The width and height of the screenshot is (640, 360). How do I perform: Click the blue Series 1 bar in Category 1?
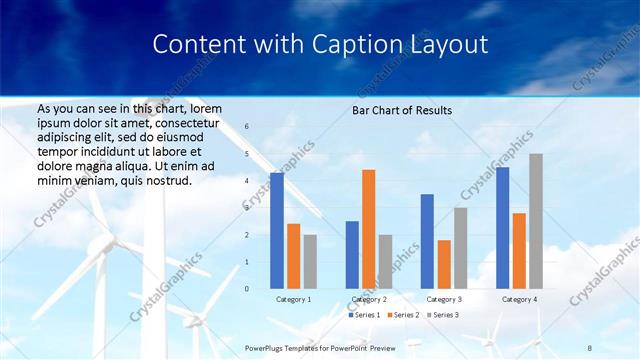(x=277, y=231)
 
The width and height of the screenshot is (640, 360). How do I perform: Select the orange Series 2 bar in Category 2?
(x=369, y=229)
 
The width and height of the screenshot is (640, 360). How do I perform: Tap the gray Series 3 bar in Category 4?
(x=536, y=221)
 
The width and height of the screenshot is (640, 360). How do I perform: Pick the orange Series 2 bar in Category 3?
(x=444, y=264)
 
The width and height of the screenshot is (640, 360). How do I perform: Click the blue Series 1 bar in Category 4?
(x=502, y=228)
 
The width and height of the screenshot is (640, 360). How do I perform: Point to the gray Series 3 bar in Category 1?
(x=310, y=262)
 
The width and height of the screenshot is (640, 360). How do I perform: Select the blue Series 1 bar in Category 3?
(x=427, y=241)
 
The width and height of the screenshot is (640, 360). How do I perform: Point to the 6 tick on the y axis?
(x=247, y=127)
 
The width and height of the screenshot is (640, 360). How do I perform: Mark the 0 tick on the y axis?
(x=247, y=289)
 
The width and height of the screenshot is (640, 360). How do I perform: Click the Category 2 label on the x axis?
(x=369, y=299)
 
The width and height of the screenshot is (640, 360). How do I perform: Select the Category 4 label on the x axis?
(x=519, y=299)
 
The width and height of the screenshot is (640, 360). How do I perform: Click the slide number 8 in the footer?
(x=589, y=347)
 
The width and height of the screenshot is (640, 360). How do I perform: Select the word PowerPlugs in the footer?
(x=268, y=347)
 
